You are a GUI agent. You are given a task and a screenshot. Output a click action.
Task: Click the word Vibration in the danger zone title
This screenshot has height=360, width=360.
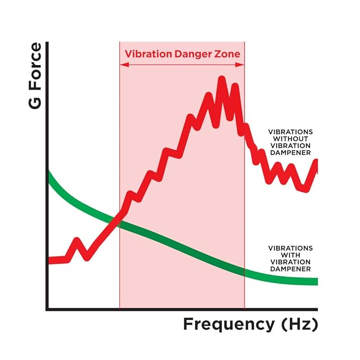145,55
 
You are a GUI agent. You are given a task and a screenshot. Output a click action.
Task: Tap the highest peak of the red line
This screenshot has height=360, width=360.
222,80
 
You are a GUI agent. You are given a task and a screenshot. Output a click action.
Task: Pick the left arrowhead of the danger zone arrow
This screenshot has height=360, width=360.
122,65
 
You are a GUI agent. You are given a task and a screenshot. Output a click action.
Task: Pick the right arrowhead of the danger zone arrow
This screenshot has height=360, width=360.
242,65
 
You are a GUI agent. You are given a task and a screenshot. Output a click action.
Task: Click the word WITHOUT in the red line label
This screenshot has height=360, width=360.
291,138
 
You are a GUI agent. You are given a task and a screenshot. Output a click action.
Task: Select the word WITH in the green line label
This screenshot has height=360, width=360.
290,255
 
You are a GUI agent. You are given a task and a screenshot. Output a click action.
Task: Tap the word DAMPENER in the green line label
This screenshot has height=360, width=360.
290,269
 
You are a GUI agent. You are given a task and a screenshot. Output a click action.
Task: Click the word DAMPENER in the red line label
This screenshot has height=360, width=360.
291,152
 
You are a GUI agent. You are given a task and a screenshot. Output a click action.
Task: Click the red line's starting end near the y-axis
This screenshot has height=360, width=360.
51,260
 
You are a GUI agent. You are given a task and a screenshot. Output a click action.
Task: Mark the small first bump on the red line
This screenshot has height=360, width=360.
78,243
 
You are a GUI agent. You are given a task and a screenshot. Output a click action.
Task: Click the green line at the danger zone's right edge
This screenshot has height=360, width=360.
244,272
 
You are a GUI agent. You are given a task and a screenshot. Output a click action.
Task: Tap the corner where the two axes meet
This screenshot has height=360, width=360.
47,309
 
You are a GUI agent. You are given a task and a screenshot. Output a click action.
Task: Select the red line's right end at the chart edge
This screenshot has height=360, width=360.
316,162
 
